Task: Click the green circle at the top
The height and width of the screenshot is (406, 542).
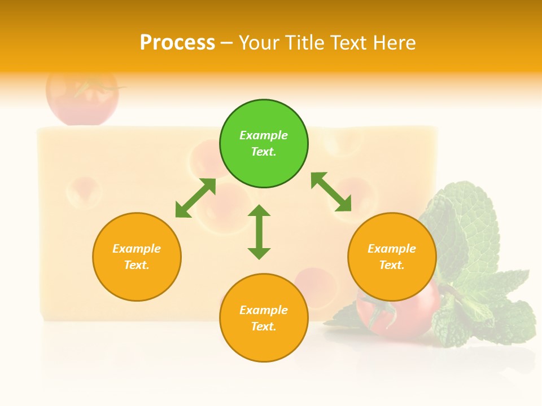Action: [x=264, y=144]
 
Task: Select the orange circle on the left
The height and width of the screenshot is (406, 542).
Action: [x=137, y=257]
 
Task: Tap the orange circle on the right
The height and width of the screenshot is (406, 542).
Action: [x=392, y=257]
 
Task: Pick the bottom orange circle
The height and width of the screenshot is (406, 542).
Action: [x=264, y=318]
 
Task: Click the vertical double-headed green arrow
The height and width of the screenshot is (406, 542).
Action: [x=259, y=232]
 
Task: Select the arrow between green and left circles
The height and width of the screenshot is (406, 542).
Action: [x=195, y=198]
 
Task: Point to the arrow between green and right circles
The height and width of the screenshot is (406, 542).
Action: [x=331, y=192]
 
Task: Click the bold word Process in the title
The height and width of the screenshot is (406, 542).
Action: [x=177, y=42]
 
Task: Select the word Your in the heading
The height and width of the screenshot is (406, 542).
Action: [x=259, y=42]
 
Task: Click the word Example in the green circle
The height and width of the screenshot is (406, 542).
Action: [x=264, y=135]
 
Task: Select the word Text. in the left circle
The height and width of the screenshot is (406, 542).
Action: [x=137, y=265]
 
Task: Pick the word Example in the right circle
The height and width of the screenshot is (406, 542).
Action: [x=392, y=249]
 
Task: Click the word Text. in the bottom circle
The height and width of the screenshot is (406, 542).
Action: [x=264, y=326]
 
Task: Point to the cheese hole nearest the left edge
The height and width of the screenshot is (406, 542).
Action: [x=84, y=192]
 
